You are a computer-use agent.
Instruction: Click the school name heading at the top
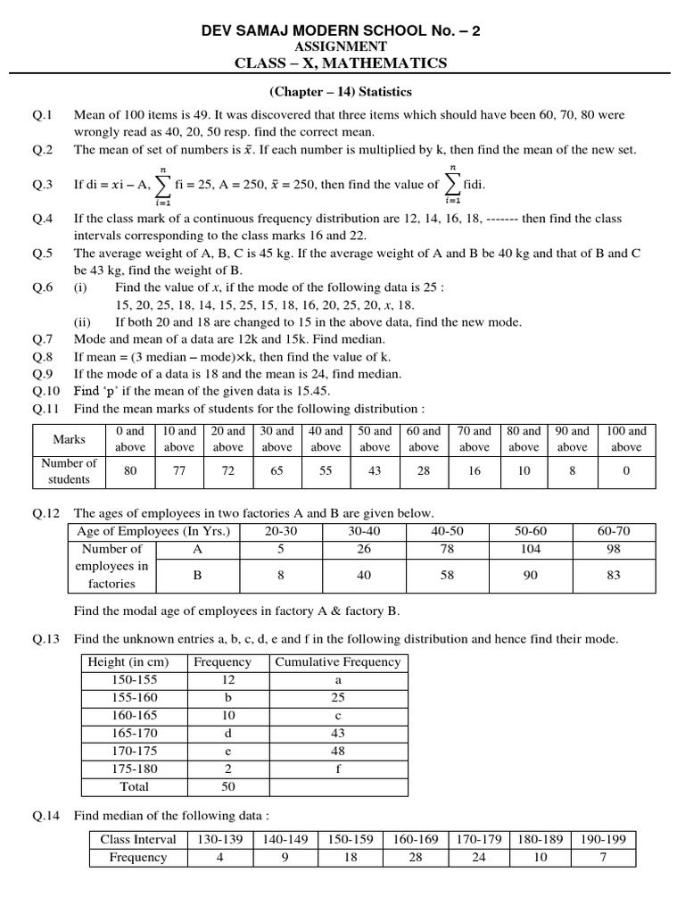coord(342,30)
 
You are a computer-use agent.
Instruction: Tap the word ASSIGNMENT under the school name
coord(342,46)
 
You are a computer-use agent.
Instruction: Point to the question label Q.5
coord(43,253)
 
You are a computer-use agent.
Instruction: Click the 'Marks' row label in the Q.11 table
coord(69,439)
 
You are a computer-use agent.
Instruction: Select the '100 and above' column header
coord(626,439)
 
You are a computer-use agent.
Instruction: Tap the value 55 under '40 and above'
coord(326,471)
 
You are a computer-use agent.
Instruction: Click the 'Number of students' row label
coord(69,471)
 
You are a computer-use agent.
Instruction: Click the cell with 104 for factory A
coord(530,549)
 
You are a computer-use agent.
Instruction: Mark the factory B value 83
coord(614,576)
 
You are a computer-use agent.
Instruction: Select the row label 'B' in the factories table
coord(197,576)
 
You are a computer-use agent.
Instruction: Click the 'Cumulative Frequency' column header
coord(337,662)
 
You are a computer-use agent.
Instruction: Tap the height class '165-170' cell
coord(131,734)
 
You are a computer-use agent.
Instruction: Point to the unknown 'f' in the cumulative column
coord(338,769)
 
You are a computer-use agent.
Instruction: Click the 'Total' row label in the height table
coord(132,787)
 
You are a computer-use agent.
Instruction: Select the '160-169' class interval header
coord(411,839)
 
